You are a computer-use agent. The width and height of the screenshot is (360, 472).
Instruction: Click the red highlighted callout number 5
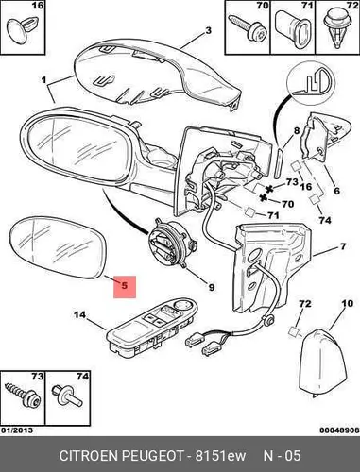coord(125,286)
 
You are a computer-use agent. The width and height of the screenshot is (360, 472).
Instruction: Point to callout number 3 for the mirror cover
coord(208,31)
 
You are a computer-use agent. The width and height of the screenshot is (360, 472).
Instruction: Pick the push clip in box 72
coord(337,29)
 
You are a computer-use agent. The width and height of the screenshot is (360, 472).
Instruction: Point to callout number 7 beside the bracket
coord(343,246)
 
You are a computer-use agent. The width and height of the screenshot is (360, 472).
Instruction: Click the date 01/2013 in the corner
coord(17,430)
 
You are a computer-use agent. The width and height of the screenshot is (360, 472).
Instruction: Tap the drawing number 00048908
coord(339,430)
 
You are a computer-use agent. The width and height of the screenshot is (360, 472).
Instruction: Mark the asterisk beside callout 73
coord(269,189)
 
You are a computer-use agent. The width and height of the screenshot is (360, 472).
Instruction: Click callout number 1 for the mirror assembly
coord(43,80)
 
